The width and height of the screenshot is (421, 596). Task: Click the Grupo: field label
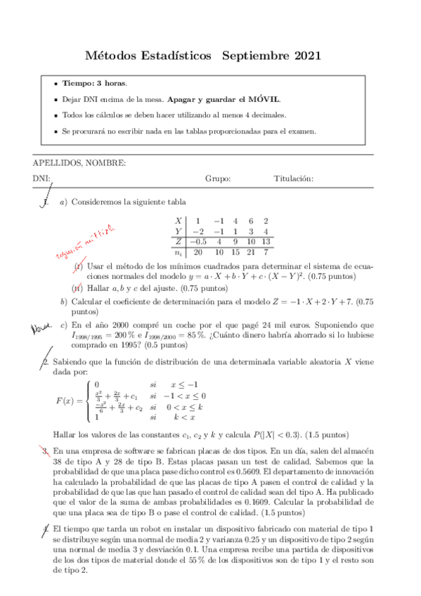(218, 179)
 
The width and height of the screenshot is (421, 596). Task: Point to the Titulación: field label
(293, 179)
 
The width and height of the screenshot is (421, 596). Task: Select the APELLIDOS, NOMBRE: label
(79, 163)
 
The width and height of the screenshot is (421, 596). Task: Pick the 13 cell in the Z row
(266, 241)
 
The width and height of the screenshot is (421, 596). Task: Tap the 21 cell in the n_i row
(251, 252)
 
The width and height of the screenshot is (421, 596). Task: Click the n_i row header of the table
(179, 252)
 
